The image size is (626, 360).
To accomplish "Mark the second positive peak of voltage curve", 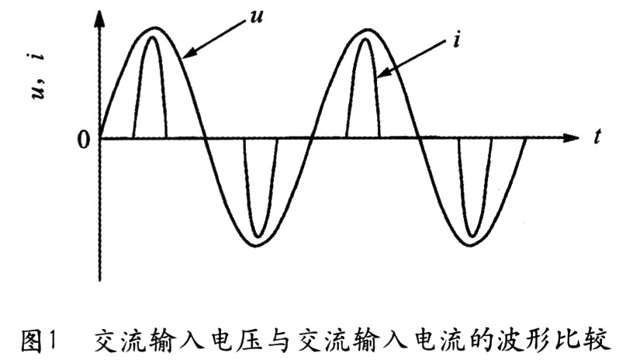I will click(x=366, y=29).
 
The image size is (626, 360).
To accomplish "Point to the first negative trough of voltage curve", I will click(x=259, y=247).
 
